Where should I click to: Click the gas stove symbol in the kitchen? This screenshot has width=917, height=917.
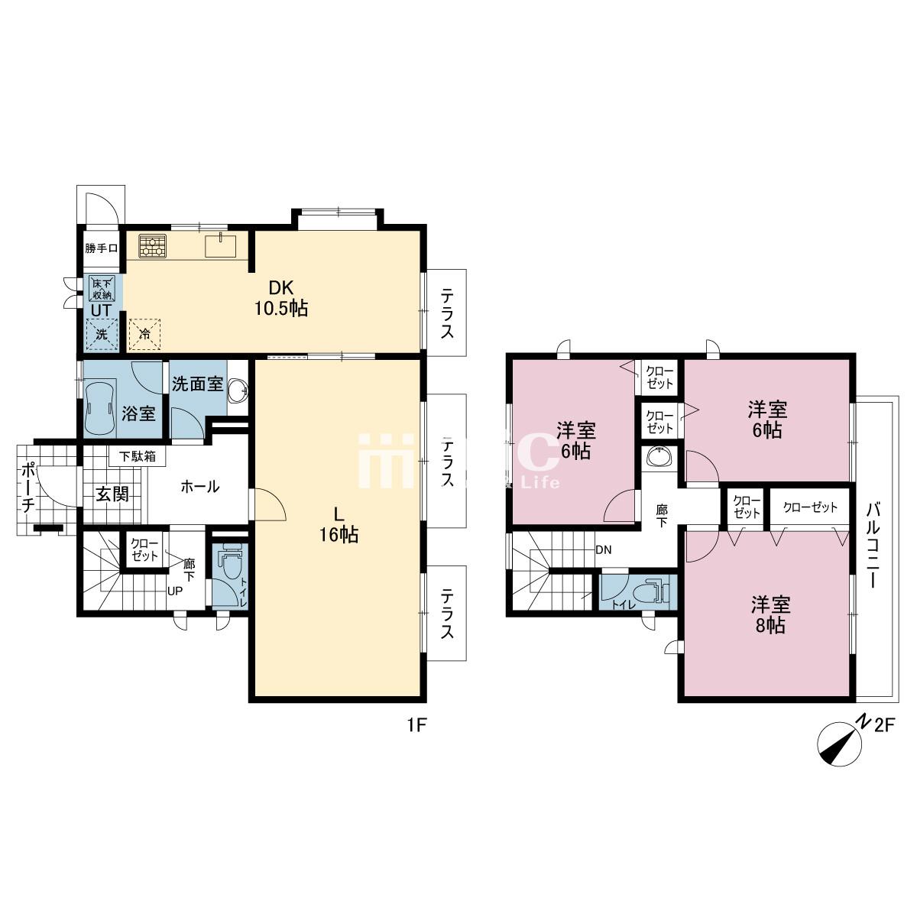[x=152, y=247]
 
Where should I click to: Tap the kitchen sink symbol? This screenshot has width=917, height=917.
[x=220, y=245]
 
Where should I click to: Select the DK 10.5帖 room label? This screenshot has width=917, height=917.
[x=281, y=298]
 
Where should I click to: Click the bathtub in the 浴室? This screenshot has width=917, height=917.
[x=100, y=408]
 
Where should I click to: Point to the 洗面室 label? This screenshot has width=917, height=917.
[x=197, y=384]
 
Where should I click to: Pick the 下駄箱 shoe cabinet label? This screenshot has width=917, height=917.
[x=137, y=456]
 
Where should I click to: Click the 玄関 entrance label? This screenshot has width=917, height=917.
[x=112, y=494]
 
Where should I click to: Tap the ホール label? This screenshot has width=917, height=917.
[x=200, y=486]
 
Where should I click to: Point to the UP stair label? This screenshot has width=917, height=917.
[x=175, y=591]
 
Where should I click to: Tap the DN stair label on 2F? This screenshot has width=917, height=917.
[x=604, y=550]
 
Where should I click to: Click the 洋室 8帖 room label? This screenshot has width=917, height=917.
[x=770, y=614]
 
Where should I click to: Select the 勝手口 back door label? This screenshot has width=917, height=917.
[x=102, y=248]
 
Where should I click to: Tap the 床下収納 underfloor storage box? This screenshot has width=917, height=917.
[x=102, y=289]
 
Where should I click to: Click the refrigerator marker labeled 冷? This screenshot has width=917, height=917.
[x=145, y=334]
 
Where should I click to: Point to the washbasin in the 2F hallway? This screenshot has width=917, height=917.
[x=659, y=458]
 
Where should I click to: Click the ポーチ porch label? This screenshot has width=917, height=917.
[x=28, y=487]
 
